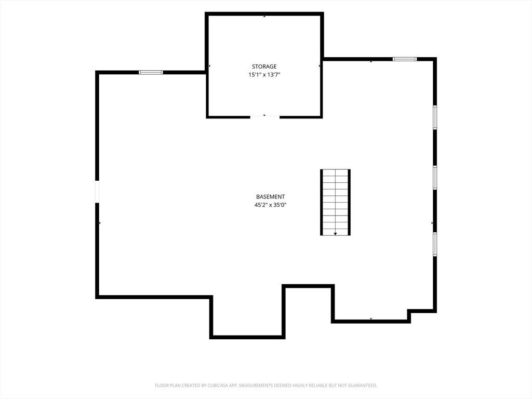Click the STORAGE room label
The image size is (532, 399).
click(x=264, y=66)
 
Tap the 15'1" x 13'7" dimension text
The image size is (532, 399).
click(x=264, y=75)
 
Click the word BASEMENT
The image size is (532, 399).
click(x=270, y=197)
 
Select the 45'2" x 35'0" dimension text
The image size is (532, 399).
click(x=271, y=205)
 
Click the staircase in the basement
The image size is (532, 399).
click(x=335, y=202)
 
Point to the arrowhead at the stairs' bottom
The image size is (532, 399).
click(x=335, y=234)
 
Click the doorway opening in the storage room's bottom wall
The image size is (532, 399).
click(x=264, y=117)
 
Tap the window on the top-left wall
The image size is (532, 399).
click(x=151, y=72)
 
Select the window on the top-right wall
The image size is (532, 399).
click(x=404, y=59)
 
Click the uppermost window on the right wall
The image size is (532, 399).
click(x=435, y=117)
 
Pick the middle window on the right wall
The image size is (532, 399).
click(x=435, y=178)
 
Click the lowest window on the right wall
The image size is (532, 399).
click(x=435, y=244)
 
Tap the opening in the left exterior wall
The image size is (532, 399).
click(x=97, y=191)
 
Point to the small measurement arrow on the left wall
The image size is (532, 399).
click(x=99, y=223)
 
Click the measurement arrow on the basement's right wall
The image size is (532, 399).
click(x=432, y=223)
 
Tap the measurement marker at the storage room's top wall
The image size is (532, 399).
click(x=264, y=16)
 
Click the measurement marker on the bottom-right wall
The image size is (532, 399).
click(x=371, y=318)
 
